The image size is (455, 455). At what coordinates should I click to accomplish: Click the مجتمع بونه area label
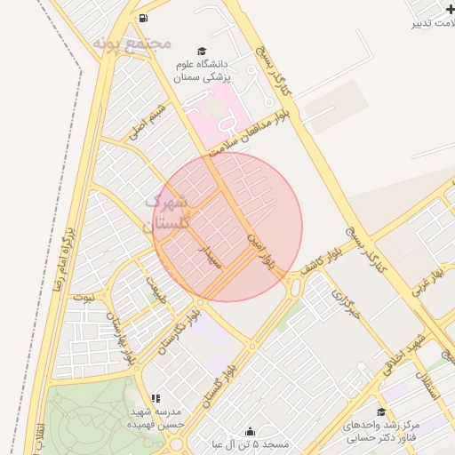point(131,42)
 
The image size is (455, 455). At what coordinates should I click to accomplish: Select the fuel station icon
point(142,18)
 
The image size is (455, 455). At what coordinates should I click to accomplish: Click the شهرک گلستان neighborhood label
point(170,213)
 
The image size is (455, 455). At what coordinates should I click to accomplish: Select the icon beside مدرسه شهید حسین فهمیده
point(156,399)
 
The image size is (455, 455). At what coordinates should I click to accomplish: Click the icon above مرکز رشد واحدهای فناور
point(381,412)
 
